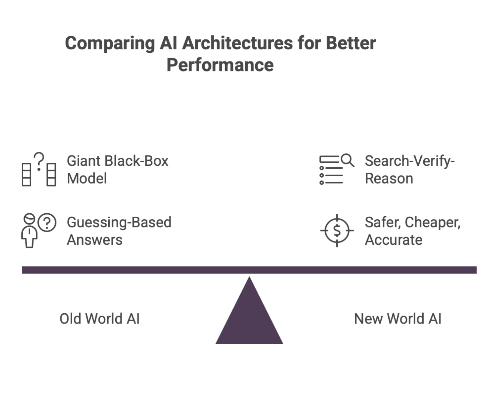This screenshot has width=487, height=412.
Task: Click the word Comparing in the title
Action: coord(109,43)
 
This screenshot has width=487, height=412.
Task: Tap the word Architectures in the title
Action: coord(238,43)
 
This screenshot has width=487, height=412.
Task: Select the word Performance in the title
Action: coord(220,65)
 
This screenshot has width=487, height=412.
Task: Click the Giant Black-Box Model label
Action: coord(117,170)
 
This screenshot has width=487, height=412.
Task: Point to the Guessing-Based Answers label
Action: coord(119,231)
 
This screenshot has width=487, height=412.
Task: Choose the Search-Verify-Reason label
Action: coord(409,170)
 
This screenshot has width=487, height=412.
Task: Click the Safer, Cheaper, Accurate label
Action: coord(412,231)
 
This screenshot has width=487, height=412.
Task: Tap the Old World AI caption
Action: coord(99,319)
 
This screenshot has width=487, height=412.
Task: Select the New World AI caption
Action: coord(397,319)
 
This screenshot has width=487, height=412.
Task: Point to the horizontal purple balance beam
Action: coord(249,270)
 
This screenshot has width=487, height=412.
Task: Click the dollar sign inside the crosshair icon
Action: coord(337,231)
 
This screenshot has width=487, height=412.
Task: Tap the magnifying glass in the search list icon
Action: coord(347,160)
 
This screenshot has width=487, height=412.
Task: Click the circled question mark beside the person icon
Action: coord(47,223)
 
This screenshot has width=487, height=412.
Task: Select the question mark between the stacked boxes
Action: coord(39,161)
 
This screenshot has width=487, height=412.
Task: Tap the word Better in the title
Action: coord(351,43)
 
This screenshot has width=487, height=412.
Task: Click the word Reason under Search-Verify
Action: coord(389,179)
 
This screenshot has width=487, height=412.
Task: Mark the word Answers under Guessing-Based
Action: coord(95,240)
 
